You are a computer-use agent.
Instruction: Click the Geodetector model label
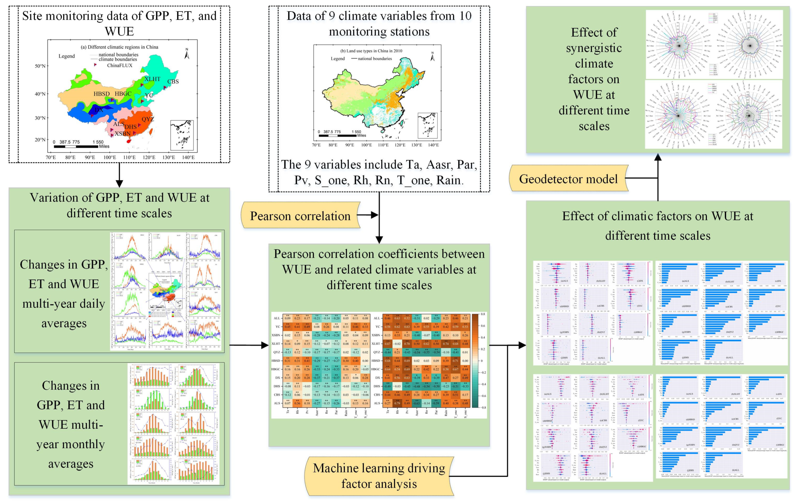click(568, 179)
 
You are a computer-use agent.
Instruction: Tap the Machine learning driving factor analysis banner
click(379, 476)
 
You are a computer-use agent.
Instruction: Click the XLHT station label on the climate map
click(152, 79)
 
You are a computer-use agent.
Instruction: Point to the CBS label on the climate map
click(173, 82)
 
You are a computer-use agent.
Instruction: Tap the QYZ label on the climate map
click(147, 119)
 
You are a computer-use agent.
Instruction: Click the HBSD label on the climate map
click(101, 94)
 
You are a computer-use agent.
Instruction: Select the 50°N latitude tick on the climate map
click(40, 66)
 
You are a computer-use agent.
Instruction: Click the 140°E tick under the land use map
click(433, 145)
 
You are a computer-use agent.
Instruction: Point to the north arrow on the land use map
click(432, 57)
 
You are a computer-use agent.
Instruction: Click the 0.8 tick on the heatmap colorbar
click(483, 314)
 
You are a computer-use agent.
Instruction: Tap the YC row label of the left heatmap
click(278, 327)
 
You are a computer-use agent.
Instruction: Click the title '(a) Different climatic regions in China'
click(119, 47)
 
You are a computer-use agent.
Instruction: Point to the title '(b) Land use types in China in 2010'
click(371, 51)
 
